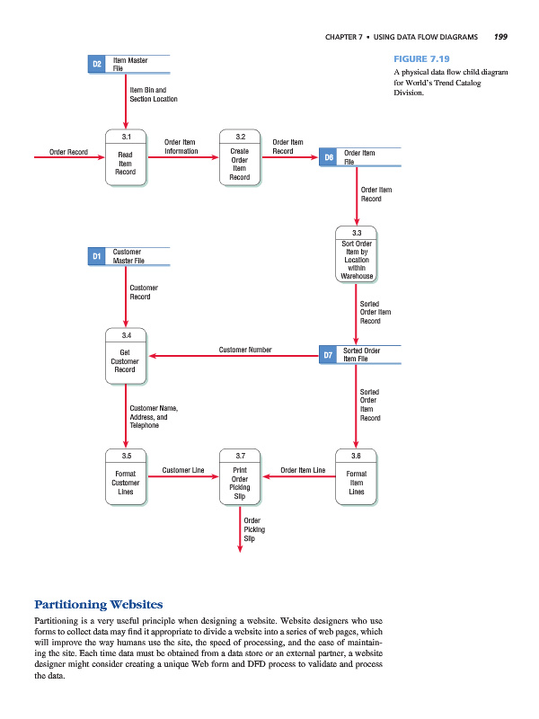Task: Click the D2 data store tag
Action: pos(97,64)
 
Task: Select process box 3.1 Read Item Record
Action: pos(125,158)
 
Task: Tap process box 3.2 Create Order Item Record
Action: pos(240,158)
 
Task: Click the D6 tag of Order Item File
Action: pos(329,157)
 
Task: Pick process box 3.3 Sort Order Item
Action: pos(357,255)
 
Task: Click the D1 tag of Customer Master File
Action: pos(97,257)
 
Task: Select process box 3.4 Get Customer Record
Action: pos(125,355)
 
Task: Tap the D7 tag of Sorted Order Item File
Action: pos(329,355)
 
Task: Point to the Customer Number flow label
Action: pos(245,350)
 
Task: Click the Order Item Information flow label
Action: pos(181,146)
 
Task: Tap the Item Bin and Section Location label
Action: pos(154,94)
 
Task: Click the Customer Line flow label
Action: pos(183,470)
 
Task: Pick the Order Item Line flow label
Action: pos(303,470)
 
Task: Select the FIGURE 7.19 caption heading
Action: pos(420,58)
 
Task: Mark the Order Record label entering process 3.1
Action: pos(69,152)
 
